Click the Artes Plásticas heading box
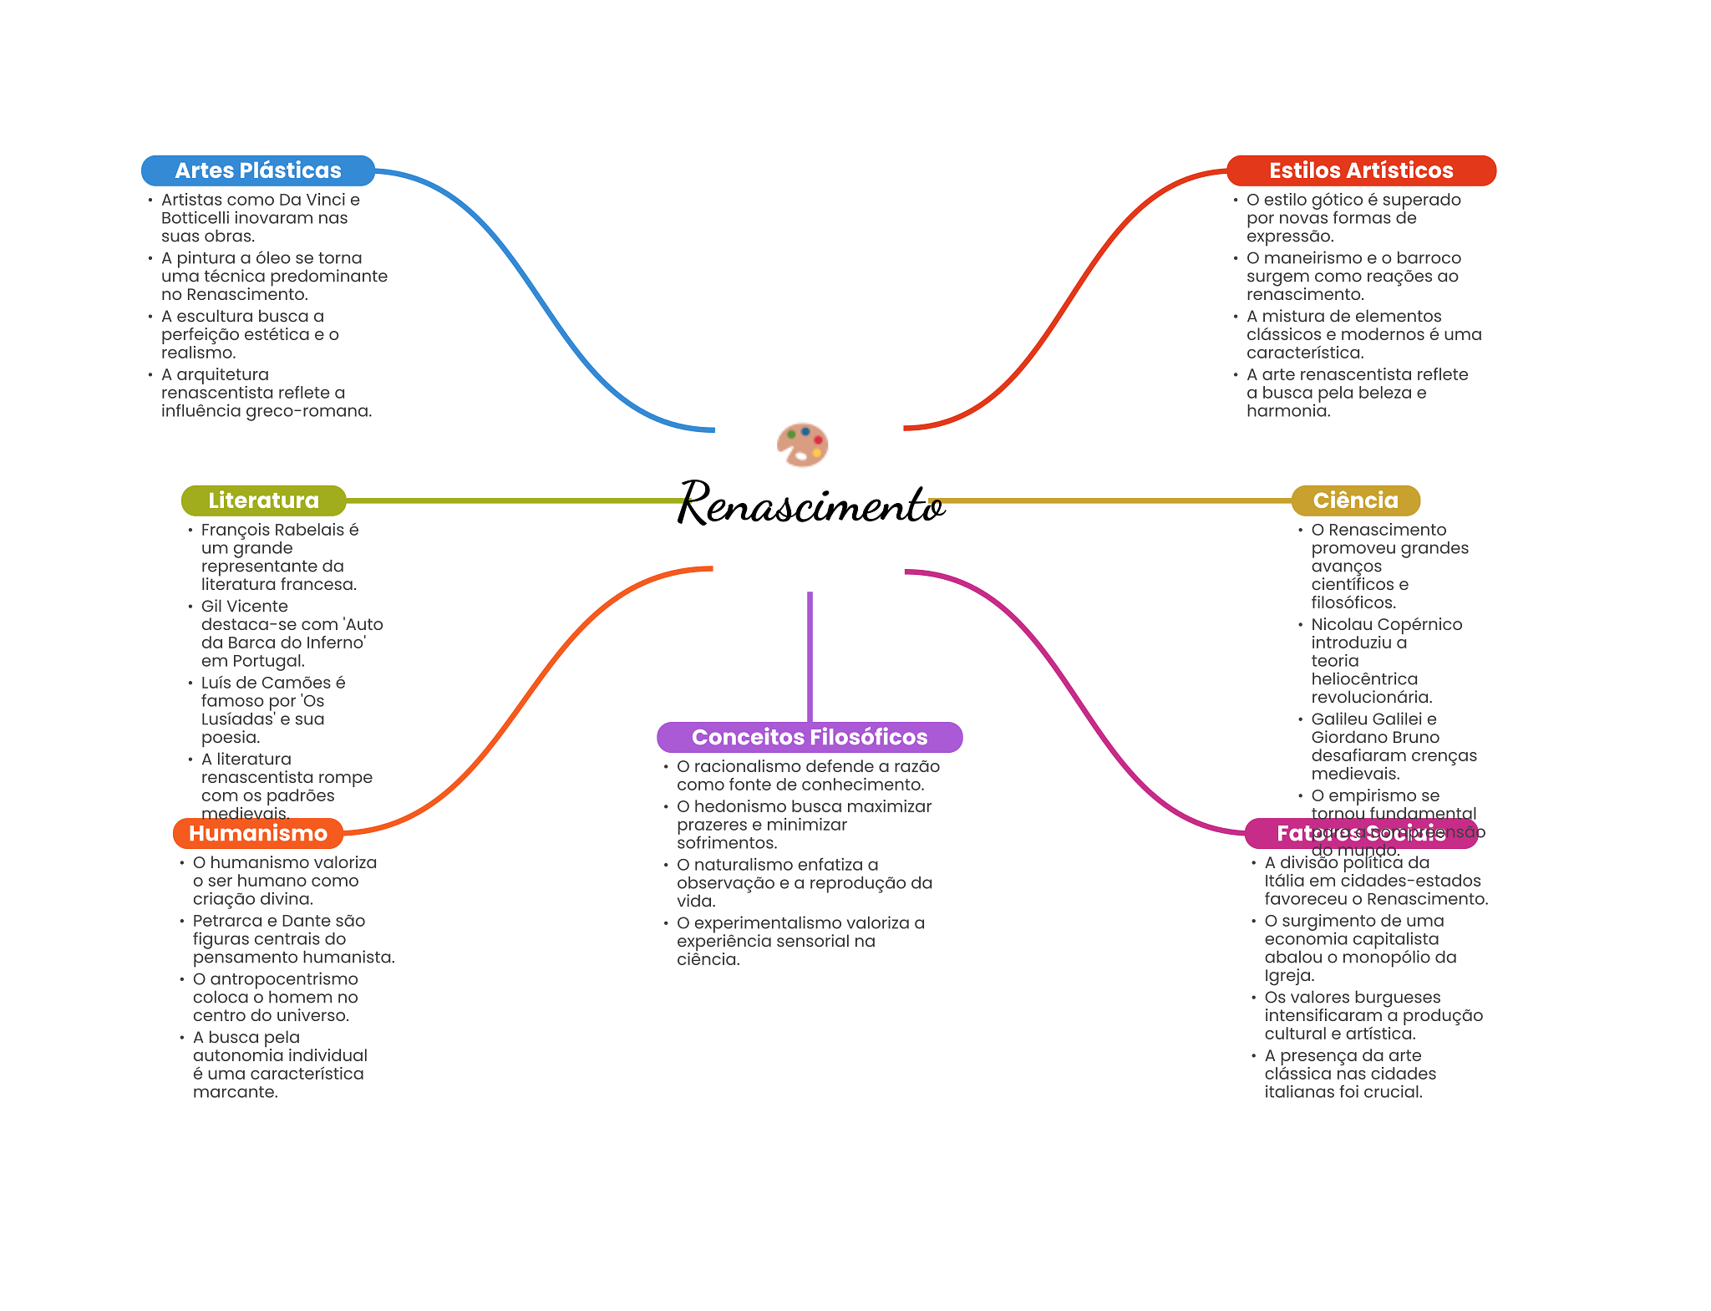pos(257,170)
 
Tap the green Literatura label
pos(263,501)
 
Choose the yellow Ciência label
pos(1355,501)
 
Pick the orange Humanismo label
pos(257,833)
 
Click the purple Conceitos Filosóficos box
pos(809,737)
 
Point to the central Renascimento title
pos(810,503)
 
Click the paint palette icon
pos(802,445)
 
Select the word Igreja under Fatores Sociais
pos(1289,976)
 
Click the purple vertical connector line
pos(810,656)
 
